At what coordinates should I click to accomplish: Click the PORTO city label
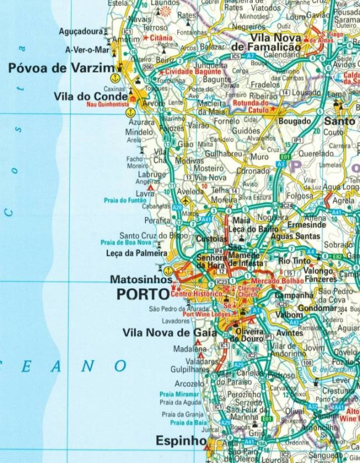[143, 294]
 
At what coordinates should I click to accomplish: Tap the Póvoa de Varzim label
[61, 68]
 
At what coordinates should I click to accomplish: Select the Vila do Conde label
[91, 96]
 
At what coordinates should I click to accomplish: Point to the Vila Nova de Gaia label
[170, 333]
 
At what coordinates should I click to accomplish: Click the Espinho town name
[181, 441]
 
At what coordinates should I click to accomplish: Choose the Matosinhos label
[141, 279]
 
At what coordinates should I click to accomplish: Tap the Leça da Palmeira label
[136, 253]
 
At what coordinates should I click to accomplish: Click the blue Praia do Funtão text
[125, 200]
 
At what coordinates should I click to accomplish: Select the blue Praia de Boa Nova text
[126, 243]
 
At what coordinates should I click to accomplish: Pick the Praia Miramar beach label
[179, 394]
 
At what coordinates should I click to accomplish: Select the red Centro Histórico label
[196, 294]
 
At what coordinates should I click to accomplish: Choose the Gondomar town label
[317, 307]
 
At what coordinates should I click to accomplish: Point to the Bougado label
[295, 122]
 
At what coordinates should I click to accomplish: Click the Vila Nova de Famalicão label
[275, 43]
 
